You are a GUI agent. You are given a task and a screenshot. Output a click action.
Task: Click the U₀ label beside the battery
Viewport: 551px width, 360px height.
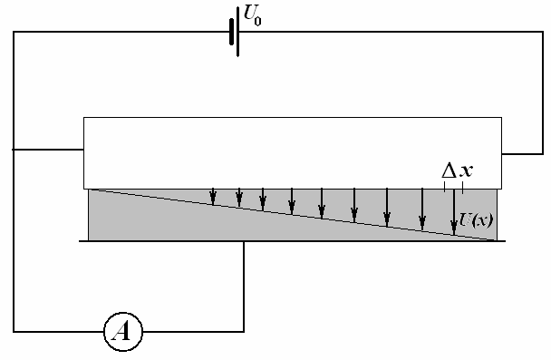252,16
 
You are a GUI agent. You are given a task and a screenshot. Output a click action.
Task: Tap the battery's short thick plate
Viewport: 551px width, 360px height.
232,32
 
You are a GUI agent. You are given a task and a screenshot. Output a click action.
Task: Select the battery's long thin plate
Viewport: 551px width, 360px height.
238,32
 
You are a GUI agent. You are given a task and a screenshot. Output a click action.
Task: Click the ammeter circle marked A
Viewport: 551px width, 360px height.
123,332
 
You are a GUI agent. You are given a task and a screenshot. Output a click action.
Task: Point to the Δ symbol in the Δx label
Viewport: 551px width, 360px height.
449,170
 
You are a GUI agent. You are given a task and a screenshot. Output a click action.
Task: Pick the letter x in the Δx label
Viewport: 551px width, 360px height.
467,170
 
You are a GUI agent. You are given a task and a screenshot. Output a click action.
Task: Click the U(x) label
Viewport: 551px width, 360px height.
477,220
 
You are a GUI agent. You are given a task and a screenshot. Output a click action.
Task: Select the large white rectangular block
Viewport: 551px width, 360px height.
293,153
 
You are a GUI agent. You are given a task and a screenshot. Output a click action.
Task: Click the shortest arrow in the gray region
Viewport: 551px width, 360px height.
213,197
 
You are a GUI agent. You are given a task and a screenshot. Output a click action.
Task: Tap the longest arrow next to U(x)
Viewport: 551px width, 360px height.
454,212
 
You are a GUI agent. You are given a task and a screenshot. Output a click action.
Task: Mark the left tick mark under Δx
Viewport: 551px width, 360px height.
445,186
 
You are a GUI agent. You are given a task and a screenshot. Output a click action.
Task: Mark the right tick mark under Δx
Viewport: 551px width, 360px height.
462,188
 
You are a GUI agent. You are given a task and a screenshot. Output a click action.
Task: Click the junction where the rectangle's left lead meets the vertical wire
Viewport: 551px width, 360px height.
14,150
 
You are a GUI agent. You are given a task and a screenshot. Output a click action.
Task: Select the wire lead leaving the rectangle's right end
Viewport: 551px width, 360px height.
522,153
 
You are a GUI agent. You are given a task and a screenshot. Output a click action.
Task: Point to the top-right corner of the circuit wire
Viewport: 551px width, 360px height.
543,32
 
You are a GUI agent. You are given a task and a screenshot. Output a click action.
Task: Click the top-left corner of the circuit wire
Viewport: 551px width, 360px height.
14,32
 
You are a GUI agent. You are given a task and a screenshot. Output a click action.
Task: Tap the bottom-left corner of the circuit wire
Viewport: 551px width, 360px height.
14,331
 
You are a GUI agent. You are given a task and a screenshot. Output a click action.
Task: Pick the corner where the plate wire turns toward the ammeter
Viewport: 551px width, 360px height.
244,331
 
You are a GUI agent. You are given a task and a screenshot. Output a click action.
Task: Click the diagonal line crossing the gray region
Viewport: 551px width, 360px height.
293,215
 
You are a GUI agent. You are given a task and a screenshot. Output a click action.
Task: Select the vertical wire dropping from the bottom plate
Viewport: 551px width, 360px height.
244,287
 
